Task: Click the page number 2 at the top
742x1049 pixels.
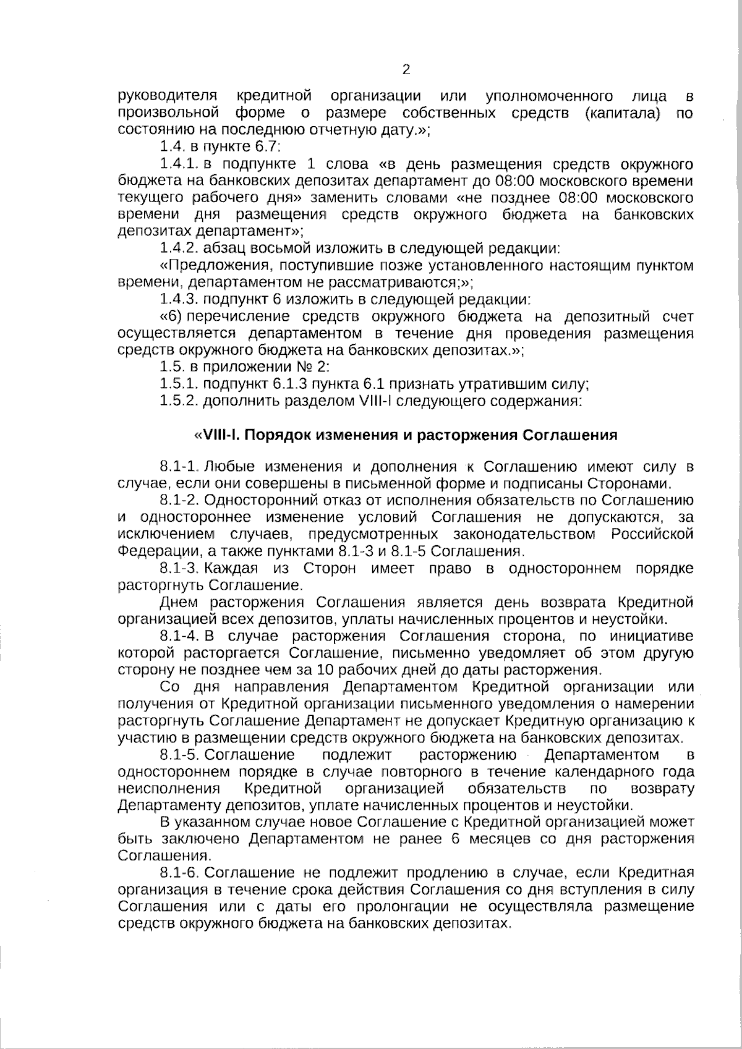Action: pos(406,69)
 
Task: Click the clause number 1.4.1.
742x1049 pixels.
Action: pos(179,164)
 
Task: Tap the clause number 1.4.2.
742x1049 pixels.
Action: pos(179,249)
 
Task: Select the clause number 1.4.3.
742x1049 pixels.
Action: pos(179,300)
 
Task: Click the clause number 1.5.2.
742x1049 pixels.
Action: pos(179,401)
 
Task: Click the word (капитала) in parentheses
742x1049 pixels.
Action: pos(621,113)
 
